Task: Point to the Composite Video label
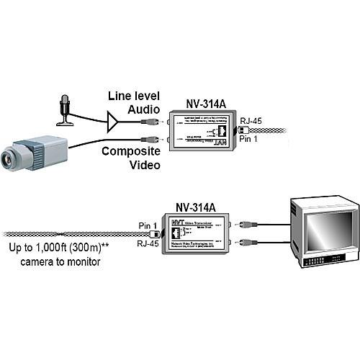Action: pyautogui.click(x=130, y=158)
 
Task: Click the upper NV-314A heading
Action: pyautogui.click(x=191, y=103)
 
